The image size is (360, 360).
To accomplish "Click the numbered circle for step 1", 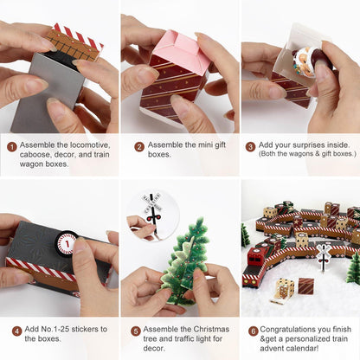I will pyautogui.click(x=12, y=147).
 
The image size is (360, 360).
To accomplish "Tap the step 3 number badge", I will pyautogui.click(x=251, y=147).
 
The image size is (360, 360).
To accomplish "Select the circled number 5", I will pyautogui.click(x=135, y=331).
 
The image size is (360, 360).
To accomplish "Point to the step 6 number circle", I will pyautogui.click(x=253, y=331).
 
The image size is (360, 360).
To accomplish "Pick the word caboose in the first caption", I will pyautogui.click(x=40, y=157).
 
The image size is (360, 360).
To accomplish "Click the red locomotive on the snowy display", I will pyautogui.click(x=258, y=260).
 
